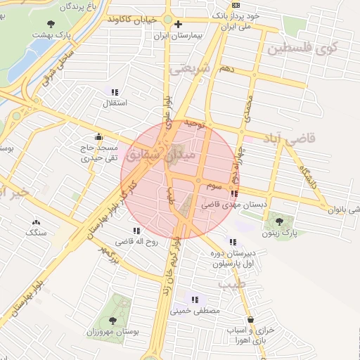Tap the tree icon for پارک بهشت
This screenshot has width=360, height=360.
[x=50, y=23]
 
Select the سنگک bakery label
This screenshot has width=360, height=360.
[x=35, y=231]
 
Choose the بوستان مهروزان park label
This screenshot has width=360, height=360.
[x=113, y=330]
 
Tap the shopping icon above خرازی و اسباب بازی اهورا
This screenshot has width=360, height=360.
[x=250, y=320]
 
